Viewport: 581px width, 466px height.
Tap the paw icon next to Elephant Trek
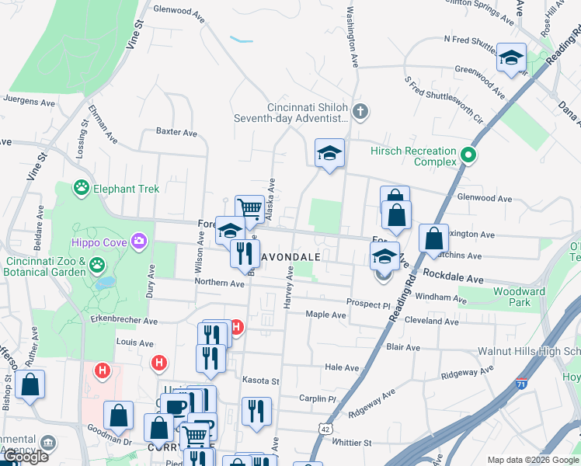(x=80, y=188)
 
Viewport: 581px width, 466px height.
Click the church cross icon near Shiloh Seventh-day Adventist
(x=359, y=112)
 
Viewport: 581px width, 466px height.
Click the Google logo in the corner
(x=25, y=457)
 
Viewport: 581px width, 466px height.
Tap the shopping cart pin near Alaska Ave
(x=249, y=207)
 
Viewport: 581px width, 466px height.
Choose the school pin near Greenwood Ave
(x=511, y=57)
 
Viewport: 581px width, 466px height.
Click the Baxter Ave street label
(x=176, y=132)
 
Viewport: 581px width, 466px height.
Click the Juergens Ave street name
(x=29, y=102)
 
